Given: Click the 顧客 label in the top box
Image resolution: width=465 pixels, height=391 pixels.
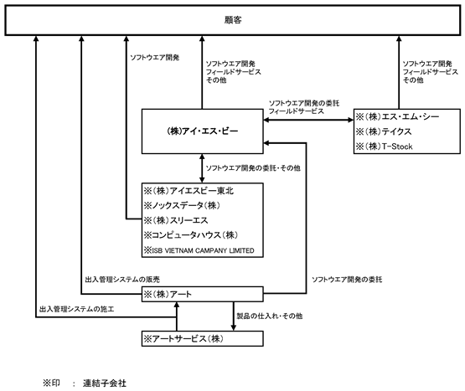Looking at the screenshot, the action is (233, 20).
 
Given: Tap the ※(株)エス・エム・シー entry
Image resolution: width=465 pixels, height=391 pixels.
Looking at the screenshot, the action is (397, 116).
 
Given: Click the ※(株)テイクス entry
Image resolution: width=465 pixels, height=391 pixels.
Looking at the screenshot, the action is (384, 131).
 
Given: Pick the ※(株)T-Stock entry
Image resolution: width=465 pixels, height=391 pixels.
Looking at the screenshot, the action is (384, 147).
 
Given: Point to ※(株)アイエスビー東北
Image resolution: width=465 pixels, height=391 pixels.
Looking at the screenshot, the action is (189, 191).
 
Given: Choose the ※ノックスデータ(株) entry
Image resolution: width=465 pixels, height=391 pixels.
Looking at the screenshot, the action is (182, 205).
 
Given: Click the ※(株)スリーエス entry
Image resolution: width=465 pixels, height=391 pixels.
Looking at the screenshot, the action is (176, 220).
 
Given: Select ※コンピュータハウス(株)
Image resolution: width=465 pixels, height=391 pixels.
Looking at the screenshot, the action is (191, 235).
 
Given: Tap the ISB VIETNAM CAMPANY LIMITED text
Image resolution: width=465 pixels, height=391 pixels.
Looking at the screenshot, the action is (203, 250).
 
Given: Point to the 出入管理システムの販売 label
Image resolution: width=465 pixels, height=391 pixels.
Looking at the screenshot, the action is (122, 280).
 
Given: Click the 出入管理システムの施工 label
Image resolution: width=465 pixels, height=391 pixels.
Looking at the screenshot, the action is (76, 309).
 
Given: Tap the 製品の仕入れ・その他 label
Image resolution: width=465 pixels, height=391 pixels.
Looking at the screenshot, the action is (269, 316).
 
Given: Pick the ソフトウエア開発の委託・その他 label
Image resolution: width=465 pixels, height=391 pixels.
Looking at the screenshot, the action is (253, 168).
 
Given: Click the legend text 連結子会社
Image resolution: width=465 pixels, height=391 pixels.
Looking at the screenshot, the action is (105, 383).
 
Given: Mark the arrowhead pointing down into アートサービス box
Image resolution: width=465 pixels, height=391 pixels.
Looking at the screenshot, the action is (234, 328).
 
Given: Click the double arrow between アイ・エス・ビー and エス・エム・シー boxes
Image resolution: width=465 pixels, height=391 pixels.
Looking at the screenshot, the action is (308, 120).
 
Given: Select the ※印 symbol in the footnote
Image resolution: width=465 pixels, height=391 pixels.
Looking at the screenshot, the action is (51, 383).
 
